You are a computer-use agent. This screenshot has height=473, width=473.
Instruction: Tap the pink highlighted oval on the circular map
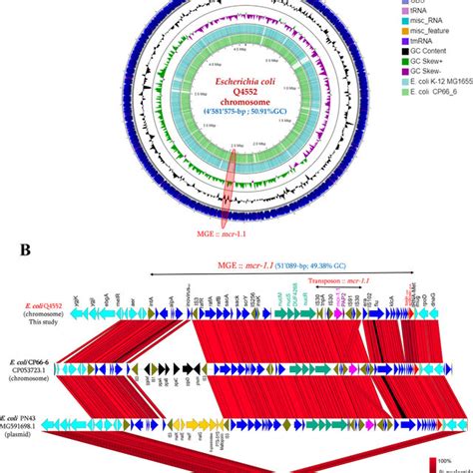pos(229,186)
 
